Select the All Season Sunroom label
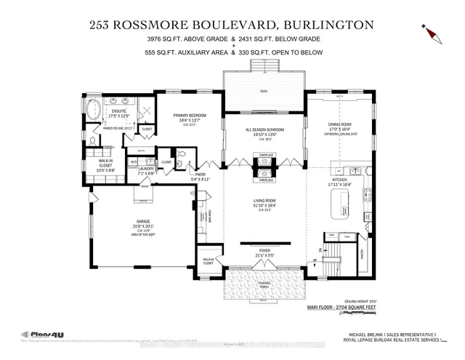click(x=264, y=129)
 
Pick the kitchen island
click(x=341, y=211)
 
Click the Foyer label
click(x=264, y=252)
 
